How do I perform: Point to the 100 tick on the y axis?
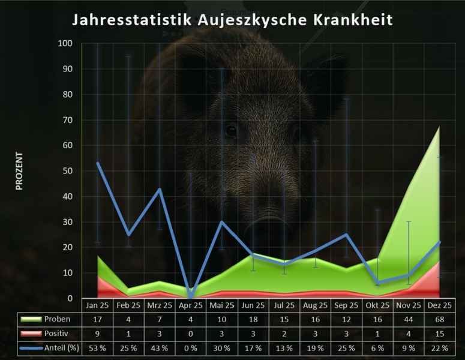(65, 44)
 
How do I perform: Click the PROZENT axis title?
(19, 171)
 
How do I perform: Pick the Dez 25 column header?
(440, 305)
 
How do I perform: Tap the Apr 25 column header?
(190, 305)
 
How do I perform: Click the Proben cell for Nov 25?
(409, 319)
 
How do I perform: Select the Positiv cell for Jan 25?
(97, 332)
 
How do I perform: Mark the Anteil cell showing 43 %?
(159, 346)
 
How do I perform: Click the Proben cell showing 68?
(440, 319)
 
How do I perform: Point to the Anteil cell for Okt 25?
(377, 346)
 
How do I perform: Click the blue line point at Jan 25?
(97, 163)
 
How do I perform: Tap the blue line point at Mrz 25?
(160, 189)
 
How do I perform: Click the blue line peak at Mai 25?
(222, 222)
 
